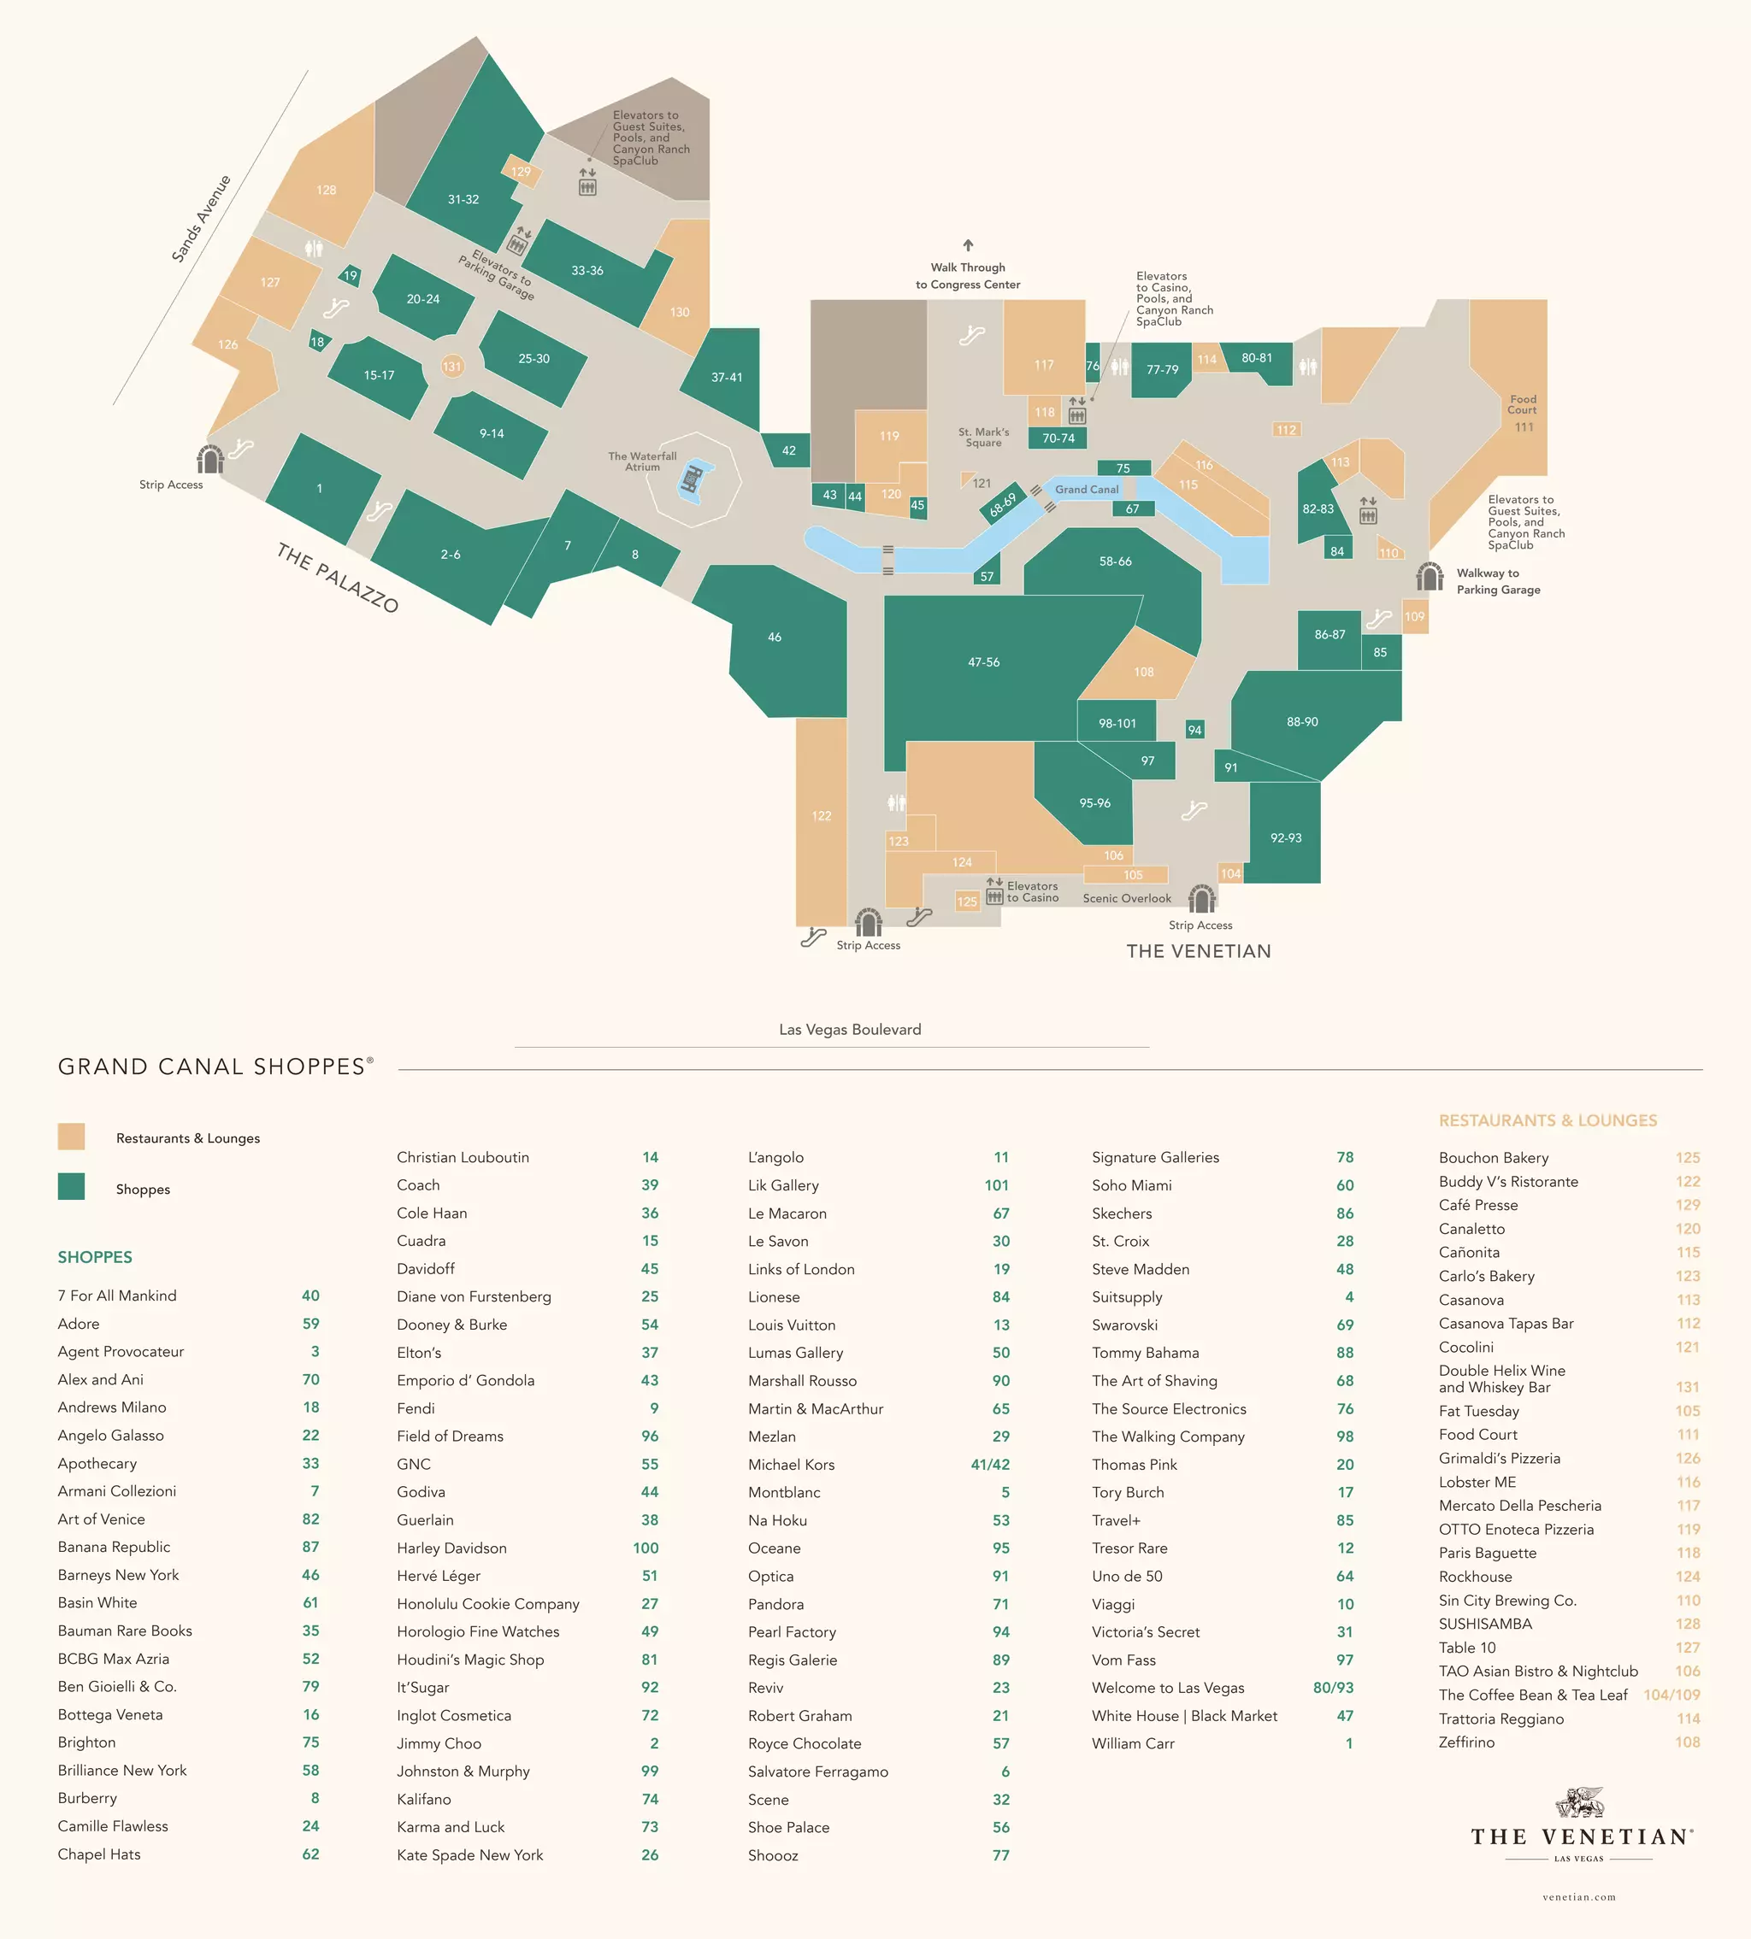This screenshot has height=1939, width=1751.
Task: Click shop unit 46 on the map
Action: coord(775,637)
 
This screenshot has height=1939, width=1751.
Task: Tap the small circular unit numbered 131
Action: coord(451,367)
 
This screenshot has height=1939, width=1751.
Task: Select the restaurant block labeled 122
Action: coord(821,815)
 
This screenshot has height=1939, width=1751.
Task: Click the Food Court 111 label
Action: coord(1523,413)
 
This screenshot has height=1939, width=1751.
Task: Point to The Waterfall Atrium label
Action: coord(642,461)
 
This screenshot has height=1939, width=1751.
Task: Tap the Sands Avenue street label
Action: coord(201,218)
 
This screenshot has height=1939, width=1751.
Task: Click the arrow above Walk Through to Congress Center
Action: coord(968,246)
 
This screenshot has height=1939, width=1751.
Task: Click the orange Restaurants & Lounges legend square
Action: coord(71,1137)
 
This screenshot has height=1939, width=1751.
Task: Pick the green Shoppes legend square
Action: coord(71,1187)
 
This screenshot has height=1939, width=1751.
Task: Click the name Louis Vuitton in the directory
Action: coord(792,1325)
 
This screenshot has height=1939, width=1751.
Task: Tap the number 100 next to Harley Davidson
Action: coord(646,1548)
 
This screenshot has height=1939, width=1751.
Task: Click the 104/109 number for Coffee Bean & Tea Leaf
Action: coord(1671,1695)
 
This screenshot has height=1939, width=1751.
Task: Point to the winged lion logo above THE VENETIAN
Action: coord(1579,1801)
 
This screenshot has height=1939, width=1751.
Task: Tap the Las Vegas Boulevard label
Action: coord(850,1030)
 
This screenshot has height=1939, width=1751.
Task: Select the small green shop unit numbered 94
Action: coord(1194,730)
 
